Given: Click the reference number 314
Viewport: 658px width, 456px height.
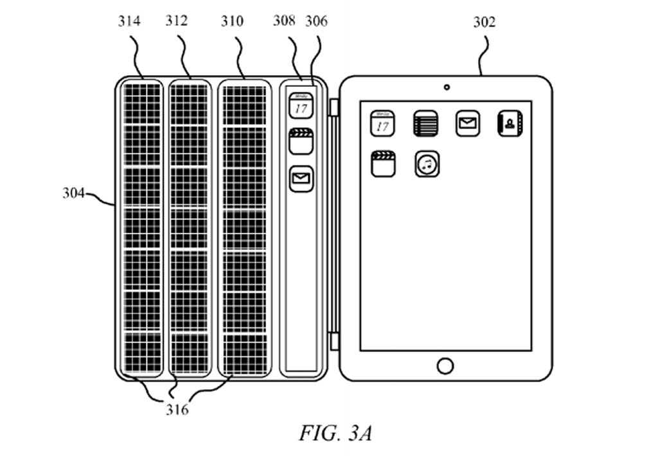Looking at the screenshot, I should (129, 21).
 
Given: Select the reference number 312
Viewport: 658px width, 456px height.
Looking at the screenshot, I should (176, 21).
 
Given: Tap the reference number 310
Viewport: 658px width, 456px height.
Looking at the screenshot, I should (232, 21).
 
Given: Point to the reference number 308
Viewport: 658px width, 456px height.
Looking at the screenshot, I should (283, 21).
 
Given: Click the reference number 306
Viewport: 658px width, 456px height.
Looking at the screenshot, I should (316, 21).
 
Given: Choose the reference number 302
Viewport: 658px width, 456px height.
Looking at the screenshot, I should (485, 23).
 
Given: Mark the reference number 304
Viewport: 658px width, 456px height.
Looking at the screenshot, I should (73, 192).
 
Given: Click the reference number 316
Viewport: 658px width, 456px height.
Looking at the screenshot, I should (177, 409).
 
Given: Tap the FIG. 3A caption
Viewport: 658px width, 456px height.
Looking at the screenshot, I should (335, 433).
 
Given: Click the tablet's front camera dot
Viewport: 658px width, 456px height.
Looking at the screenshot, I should (447, 87).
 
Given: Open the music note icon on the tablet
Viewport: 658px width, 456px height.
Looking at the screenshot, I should (427, 164).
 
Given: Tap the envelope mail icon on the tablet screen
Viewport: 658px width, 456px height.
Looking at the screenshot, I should (468, 123).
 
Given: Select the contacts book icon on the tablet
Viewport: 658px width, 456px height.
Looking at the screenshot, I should (510, 123).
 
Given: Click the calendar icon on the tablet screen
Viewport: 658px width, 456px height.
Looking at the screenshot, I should (382, 123).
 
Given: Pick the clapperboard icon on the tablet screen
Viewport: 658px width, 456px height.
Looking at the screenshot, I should (383, 164).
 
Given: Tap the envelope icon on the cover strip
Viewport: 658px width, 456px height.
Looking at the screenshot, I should (301, 179).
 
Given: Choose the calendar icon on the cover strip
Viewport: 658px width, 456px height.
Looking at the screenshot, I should (301, 105).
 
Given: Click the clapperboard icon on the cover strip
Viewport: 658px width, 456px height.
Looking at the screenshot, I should (301, 141).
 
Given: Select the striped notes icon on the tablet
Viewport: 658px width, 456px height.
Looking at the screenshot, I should (425, 123).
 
